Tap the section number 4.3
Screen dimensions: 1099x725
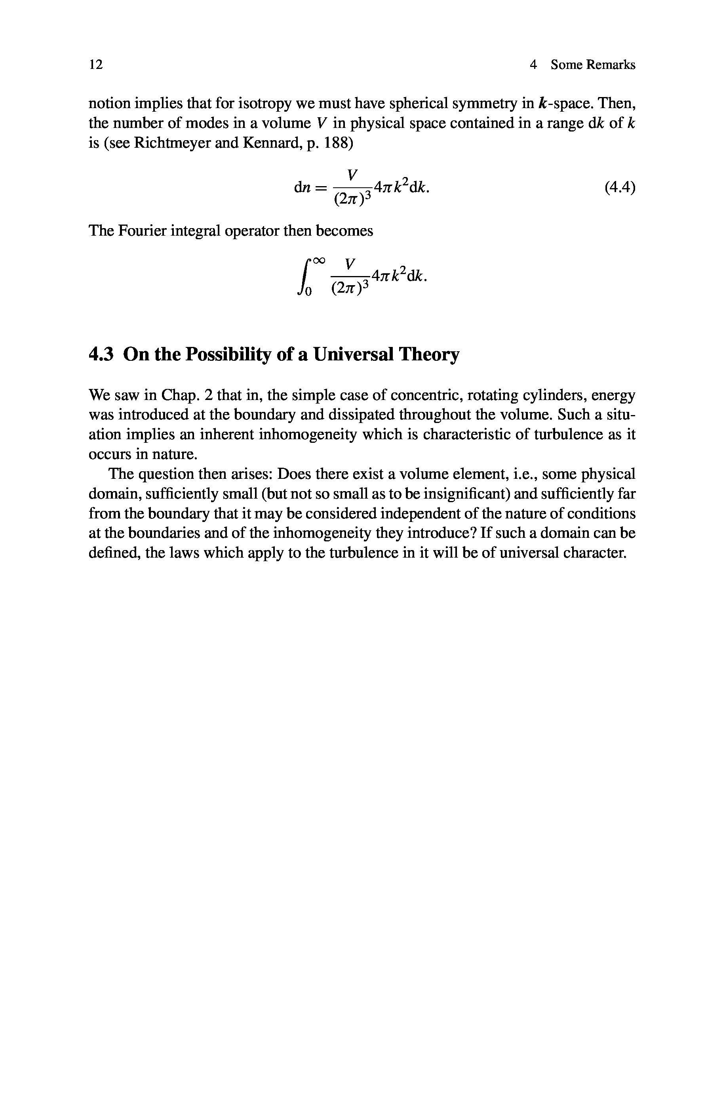coord(101,354)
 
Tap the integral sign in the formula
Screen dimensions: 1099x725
coord(305,277)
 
